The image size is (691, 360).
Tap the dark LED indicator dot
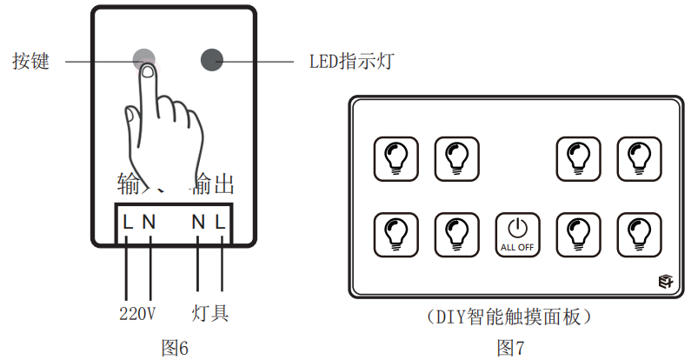coord(213,59)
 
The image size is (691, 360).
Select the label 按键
coord(31,62)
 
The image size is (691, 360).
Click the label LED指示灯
coord(351,62)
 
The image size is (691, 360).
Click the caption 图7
coord(511,348)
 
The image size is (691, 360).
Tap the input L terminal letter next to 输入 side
coord(128,222)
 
